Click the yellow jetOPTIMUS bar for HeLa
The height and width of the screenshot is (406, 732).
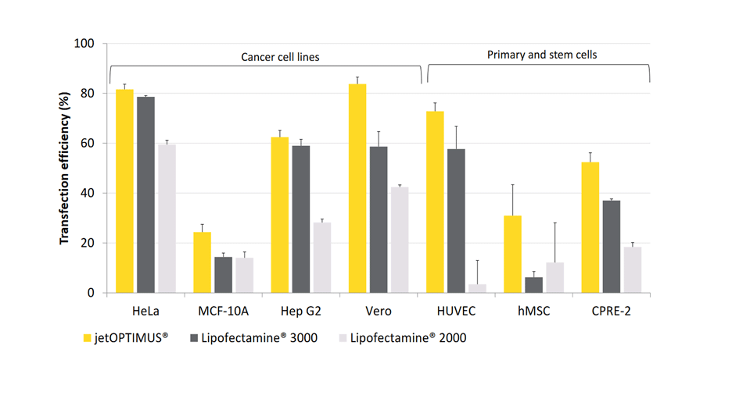[125, 191]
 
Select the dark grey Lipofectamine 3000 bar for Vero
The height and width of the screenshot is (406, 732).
[379, 219]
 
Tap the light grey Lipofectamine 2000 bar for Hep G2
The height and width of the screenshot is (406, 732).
[321, 258]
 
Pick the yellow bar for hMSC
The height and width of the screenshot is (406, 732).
[512, 254]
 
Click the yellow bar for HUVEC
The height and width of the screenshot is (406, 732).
[435, 202]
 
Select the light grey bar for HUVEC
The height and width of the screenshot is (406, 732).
[477, 288]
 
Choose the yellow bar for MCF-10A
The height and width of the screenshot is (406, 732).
[203, 262]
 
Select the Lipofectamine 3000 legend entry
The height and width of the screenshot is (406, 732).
[260, 338]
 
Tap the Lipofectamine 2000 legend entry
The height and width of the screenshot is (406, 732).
[407, 338]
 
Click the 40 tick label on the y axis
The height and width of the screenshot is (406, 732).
[87, 193]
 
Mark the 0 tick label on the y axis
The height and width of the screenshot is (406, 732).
[90, 293]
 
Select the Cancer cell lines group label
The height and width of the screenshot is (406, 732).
[279, 57]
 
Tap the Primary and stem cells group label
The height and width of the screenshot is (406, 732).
[541, 55]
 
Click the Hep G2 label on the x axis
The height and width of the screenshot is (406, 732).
[301, 310]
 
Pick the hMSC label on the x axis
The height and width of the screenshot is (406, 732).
[533, 310]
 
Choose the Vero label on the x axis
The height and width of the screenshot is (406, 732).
[379, 310]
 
